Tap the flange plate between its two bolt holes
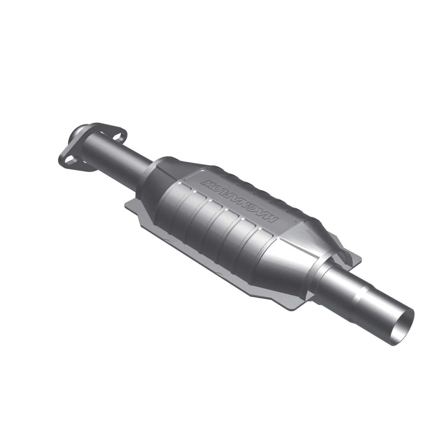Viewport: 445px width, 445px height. point(92,151)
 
